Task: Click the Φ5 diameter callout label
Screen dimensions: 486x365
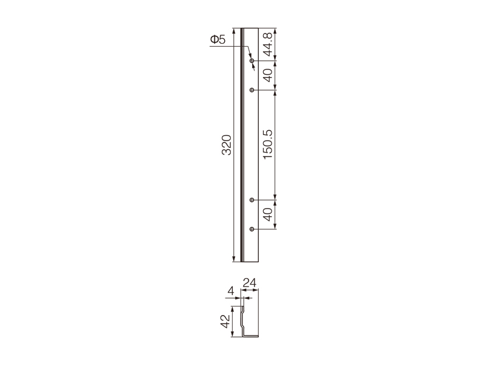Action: click(218, 40)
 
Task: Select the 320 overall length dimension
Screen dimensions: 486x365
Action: click(227, 145)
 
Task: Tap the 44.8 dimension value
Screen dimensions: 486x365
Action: click(267, 44)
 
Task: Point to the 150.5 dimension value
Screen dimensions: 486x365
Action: click(267, 145)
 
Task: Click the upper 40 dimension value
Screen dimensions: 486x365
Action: click(267, 75)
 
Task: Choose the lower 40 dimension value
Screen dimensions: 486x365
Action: click(267, 214)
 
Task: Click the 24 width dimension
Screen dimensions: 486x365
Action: click(250, 283)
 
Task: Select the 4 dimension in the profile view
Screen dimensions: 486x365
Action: click(231, 291)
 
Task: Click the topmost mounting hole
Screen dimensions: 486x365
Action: click(252, 60)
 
